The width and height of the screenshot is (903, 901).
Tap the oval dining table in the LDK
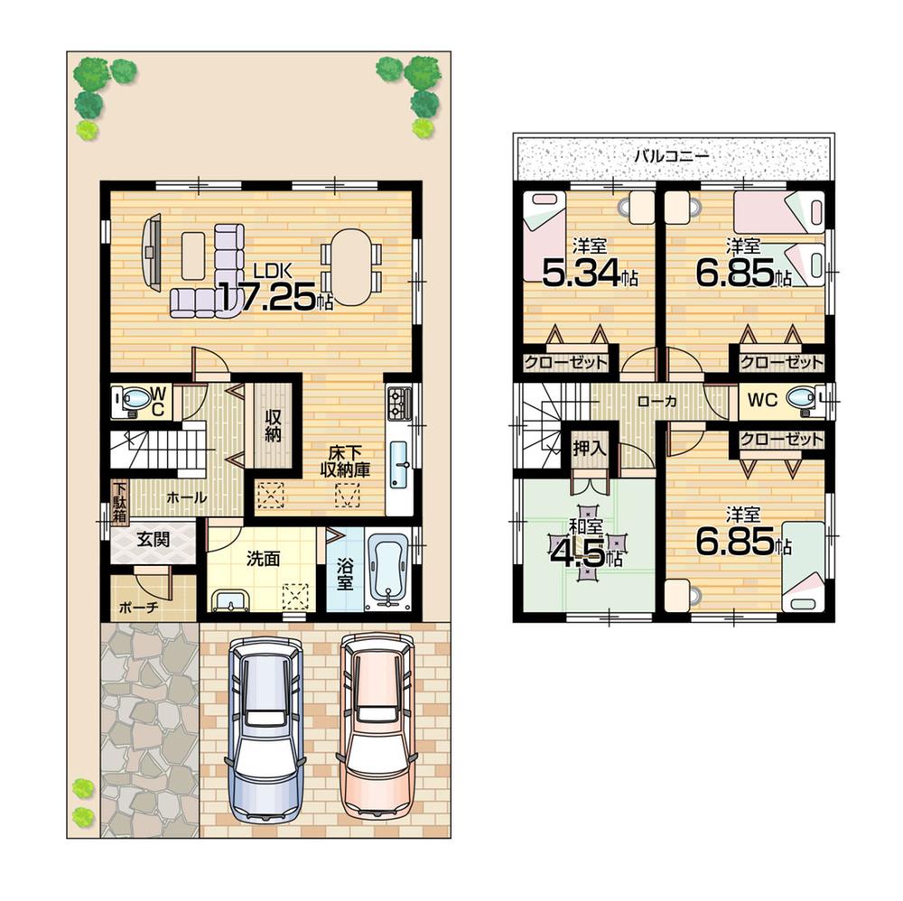[x=351, y=267]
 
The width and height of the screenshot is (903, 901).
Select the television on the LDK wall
[x=150, y=251]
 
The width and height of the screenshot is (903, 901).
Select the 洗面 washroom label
[x=263, y=559]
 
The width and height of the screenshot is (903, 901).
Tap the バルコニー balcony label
[x=671, y=154]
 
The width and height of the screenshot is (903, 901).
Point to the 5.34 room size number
[x=580, y=272]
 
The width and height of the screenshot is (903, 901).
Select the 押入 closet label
[x=589, y=447]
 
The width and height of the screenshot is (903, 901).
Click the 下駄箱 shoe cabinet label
[x=119, y=502]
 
